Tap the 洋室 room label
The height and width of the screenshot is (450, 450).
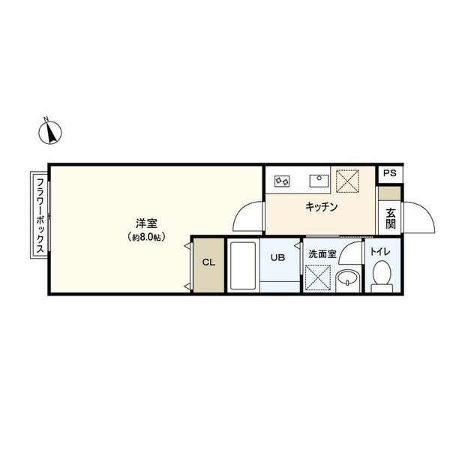click(145, 223)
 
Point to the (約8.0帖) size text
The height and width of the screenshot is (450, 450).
click(145, 237)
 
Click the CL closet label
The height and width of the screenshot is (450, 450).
click(208, 263)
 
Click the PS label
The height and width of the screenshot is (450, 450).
click(388, 173)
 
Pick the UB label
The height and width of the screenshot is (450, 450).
click(277, 257)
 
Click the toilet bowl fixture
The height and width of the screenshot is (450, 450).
click(380, 277)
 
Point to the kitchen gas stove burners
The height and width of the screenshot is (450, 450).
click(283, 180)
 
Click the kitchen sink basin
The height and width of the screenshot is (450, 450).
click(319, 180)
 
